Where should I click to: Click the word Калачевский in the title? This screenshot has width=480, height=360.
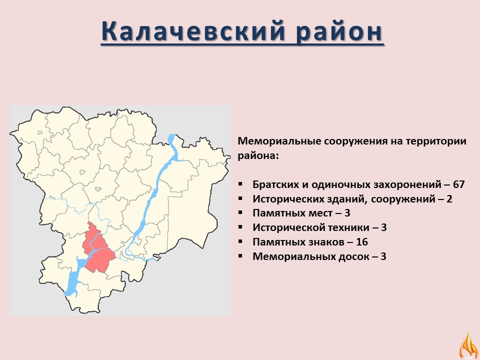click(x=193, y=30)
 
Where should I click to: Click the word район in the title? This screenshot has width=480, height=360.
click(x=339, y=31)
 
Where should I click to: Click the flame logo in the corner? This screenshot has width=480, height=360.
click(x=468, y=345)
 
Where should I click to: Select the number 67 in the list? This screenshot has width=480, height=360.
click(x=458, y=184)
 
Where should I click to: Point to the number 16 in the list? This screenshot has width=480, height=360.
click(x=362, y=242)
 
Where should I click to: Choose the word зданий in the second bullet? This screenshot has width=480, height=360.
click(x=348, y=199)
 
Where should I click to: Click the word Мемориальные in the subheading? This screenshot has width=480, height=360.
click(x=279, y=141)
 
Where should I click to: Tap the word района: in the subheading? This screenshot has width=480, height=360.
click(x=258, y=156)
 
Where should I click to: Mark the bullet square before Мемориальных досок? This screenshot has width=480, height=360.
click(x=240, y=255)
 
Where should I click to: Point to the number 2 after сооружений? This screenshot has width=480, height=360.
click(x=449, y=199)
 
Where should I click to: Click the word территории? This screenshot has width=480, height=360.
click(x=436, y=141)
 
